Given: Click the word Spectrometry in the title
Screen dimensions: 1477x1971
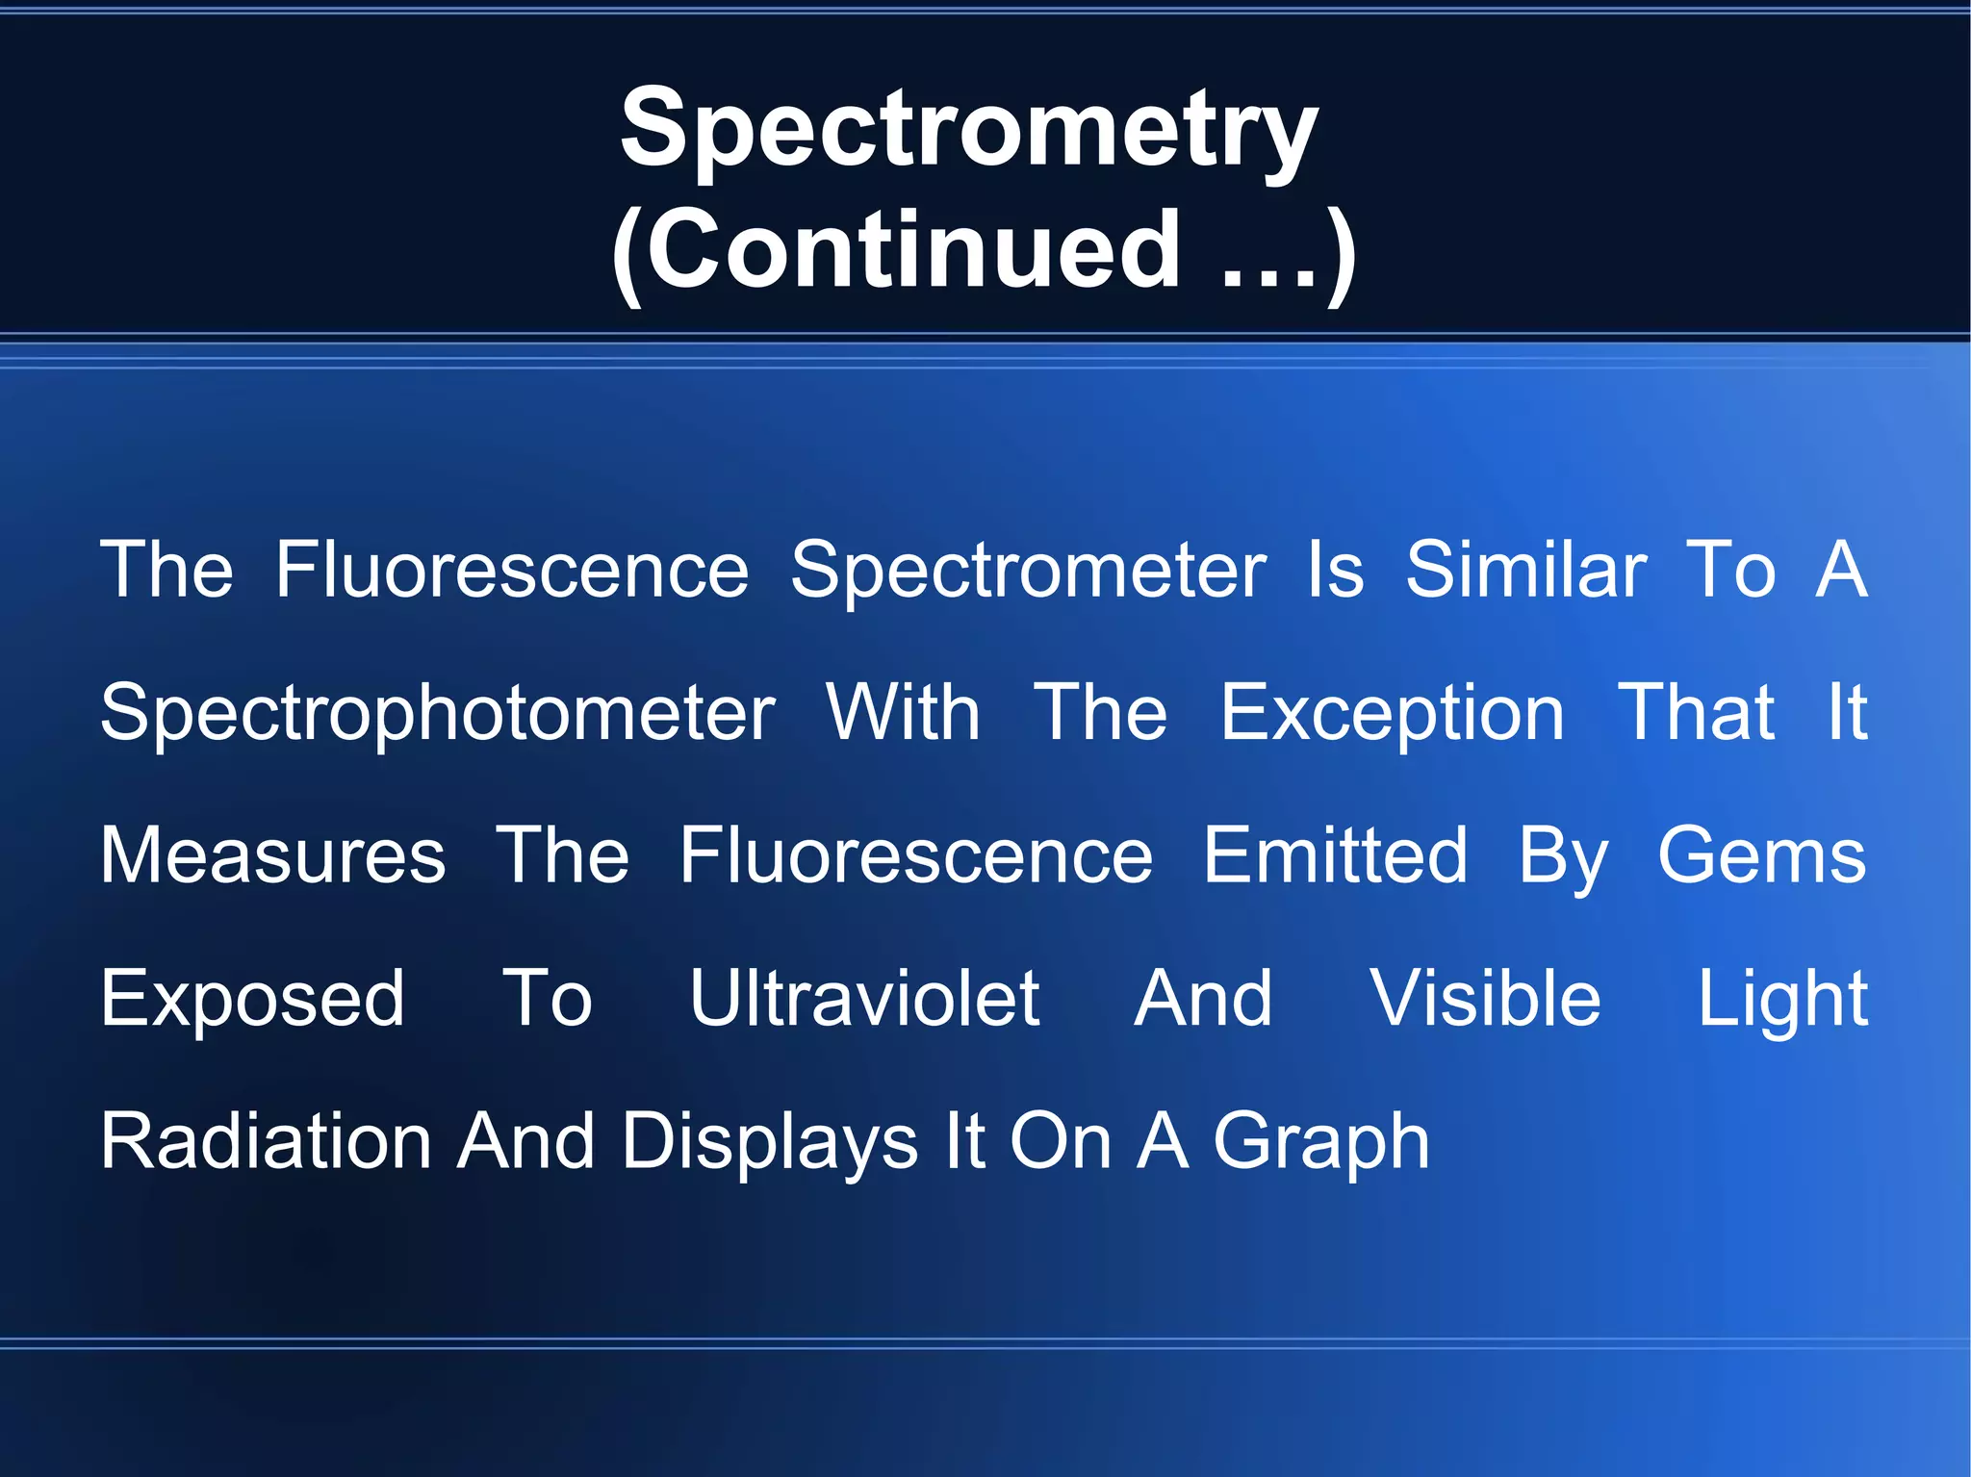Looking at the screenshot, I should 968,130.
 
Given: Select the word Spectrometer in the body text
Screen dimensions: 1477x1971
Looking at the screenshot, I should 1028,571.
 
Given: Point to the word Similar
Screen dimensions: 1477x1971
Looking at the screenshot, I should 1526,571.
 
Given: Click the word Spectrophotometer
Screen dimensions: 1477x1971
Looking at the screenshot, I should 438,714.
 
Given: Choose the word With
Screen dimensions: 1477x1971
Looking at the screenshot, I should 903,713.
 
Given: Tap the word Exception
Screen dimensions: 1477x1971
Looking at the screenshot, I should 1392,714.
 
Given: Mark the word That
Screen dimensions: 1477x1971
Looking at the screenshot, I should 1696,713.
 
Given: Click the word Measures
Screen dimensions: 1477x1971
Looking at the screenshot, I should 273,855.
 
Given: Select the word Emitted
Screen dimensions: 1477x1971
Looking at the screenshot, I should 1336,855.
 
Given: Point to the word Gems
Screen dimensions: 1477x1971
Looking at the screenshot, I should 1761,855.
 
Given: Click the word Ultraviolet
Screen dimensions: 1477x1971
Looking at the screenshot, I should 864,999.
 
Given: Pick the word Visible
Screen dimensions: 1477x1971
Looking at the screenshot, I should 1485,999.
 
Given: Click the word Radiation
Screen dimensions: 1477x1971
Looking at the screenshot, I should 267,1142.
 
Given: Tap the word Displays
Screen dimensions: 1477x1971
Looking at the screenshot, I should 770,1143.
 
